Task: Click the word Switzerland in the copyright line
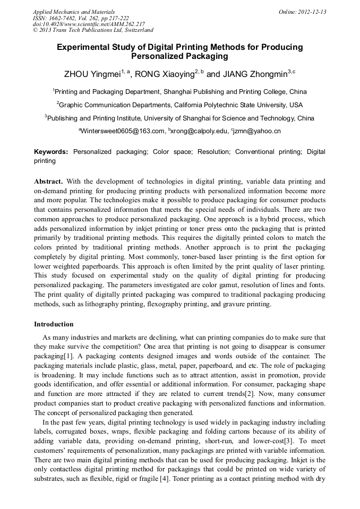tap(134, 31)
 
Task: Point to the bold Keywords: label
tap(51, 152)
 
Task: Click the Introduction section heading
tap(54, 324)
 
